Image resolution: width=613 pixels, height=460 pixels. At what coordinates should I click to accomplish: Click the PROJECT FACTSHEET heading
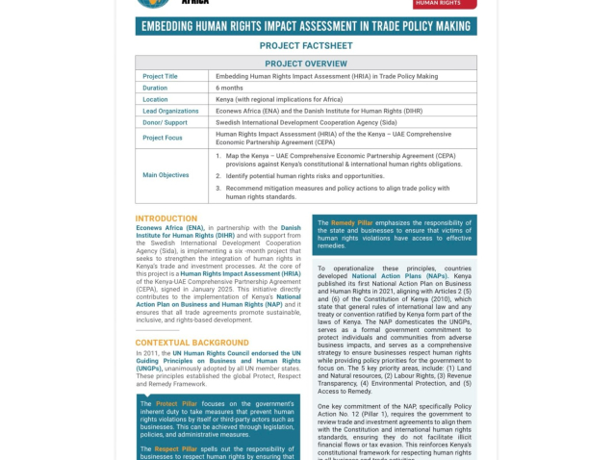(306, 45)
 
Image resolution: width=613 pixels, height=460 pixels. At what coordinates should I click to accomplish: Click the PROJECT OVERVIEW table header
(306, 64)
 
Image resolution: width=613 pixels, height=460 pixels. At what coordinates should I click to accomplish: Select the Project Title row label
(160, 76)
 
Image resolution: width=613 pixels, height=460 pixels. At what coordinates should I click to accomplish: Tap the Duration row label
(155, 88)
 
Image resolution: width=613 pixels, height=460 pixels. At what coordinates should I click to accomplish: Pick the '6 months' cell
(229, 88)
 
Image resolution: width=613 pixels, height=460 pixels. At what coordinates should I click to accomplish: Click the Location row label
(155, 99)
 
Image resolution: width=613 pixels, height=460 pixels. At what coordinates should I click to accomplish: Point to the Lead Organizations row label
(170, 111)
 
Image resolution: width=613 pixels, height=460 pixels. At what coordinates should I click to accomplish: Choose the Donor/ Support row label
(165, 122)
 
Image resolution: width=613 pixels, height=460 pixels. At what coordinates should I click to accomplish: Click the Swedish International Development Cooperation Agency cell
(306, 122)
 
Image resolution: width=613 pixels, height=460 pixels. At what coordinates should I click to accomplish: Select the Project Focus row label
(163, 138)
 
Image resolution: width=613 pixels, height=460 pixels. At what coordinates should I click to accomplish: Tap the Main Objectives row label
(166, 175)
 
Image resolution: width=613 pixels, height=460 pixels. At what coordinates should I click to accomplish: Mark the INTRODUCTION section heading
(166, 218)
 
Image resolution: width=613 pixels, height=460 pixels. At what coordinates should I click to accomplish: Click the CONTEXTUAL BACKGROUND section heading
(192, 343)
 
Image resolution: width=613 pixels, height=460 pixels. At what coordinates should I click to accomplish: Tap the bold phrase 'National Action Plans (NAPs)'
(399, 275)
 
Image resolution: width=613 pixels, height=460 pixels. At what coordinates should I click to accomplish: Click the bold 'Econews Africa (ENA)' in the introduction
(169, 228)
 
